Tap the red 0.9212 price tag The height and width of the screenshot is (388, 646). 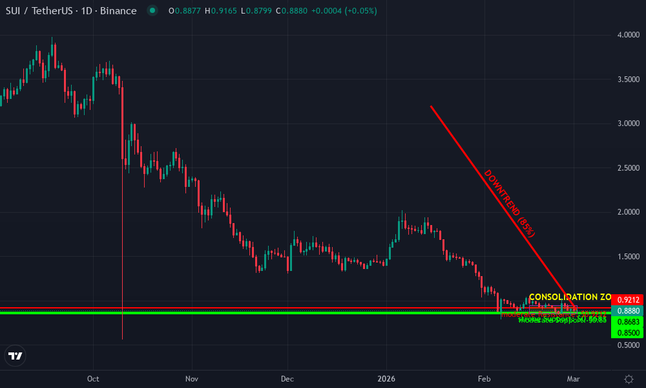[x=627, y=300]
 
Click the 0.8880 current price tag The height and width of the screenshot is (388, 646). [x=627, y=311]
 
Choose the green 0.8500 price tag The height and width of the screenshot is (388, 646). [x=627, y=332]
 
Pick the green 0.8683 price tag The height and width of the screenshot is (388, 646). [x=627, y=321]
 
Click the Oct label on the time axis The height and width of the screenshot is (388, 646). [x=92, y=378]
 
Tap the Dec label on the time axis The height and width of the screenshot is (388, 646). [x=287, y=378]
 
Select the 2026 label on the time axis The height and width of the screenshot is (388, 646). [x=386, y=378]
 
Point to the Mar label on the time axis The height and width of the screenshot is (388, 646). [x=574, y=378]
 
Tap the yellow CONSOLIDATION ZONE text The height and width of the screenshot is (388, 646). [x=568, y=297]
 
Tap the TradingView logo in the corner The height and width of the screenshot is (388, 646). [x=15, y=356]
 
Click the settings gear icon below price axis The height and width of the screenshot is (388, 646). [x=628, y=378]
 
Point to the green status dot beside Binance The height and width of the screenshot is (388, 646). [x=152, y=11]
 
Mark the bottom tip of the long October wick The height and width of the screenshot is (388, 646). [x=122, y=338]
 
